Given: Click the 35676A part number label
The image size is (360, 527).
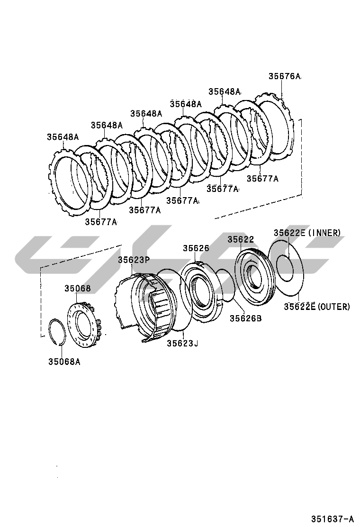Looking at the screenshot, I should click(x=285, y=76).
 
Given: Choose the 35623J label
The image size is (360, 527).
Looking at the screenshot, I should click(x=182, y=343).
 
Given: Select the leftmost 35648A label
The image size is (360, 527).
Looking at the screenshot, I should click(x=63, y=137).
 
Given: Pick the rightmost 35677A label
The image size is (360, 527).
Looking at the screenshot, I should click(x=262, y=179).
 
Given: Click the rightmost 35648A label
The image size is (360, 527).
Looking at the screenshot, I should click(x=225, y=92).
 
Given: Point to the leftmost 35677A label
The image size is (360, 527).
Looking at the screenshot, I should click(x=101, y=221).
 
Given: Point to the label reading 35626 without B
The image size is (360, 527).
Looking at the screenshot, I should click(x=196, y=248).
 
